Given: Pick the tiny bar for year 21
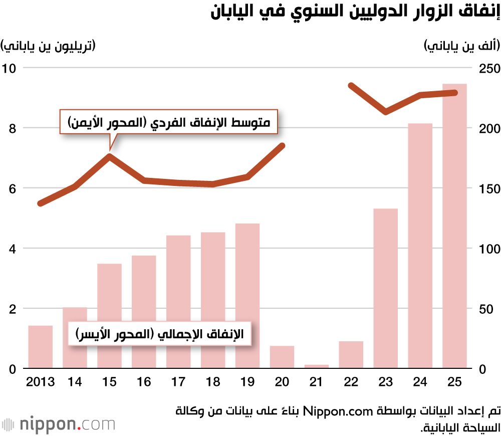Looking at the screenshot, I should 317,366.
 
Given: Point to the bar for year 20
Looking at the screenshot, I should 282,357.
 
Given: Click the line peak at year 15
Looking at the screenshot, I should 109,156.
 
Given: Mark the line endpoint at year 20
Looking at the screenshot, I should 282,146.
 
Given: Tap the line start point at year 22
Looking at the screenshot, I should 351,86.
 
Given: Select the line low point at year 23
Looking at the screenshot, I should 385,112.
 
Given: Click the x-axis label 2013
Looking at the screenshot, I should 40,382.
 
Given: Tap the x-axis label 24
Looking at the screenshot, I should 420,382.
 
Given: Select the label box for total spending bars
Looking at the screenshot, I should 159,334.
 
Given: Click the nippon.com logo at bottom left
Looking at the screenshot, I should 58,424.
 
